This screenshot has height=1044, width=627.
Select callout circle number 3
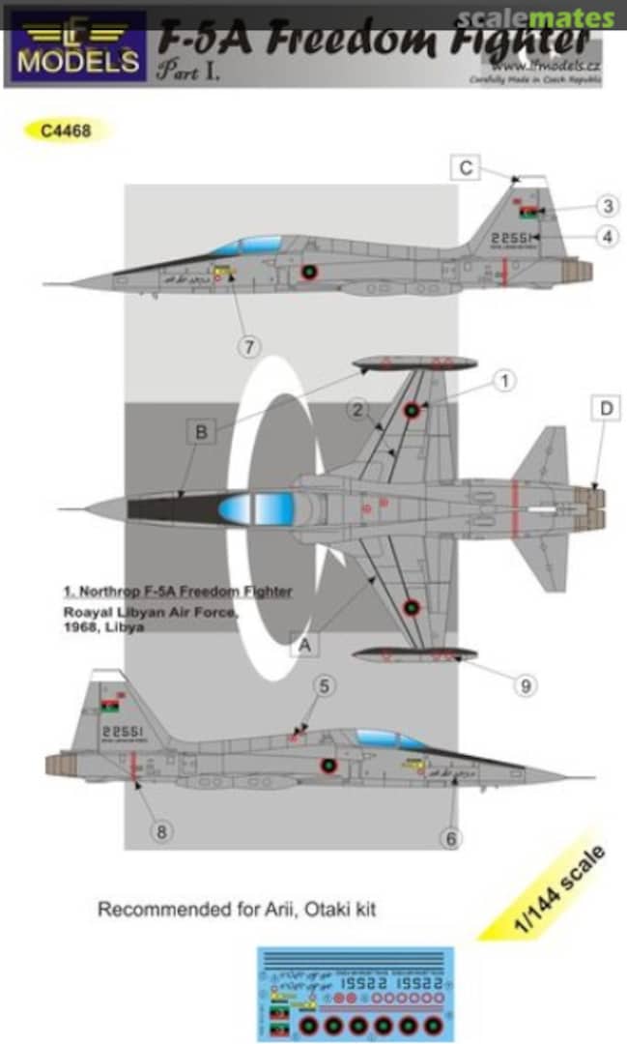pyautogui.click(x=607, y=205)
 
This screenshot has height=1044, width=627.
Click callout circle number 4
pyautogui.click(x=607, y=236)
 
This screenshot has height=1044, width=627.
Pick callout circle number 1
pyautogui.click(x=501, y=382)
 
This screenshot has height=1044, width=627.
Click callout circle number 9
pyautogui.click(x=525, y=686)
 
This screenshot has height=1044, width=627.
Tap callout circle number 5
pyautogui.click(x=324, y=686)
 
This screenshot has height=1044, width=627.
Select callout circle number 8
pyautogui.click(x=161, y=831)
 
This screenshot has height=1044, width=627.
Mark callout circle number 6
pyautogui.click(x=450, y=838)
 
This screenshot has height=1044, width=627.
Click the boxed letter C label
pyautogui.click(x=466, y=169)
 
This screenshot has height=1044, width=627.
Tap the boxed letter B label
pyautogui.click(x=201, y=432)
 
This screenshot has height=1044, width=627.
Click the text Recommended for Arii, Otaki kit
pyautogui.click(x=236, y=910)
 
